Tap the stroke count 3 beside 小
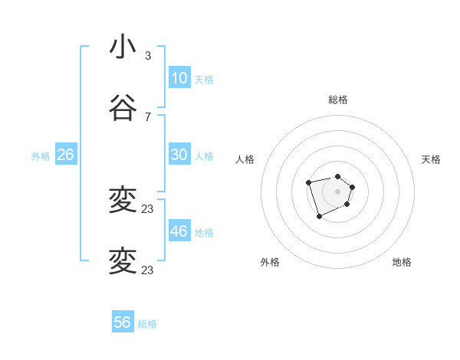[x=147, y=56]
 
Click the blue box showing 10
[x=179, y=78]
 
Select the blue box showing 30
[x=179, y=155]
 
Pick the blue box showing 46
[x=179, y=231]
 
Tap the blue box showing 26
[x=65, y=155]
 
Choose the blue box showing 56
[x=122, y=322]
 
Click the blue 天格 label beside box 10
[x=204, y=80]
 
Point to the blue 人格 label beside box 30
[x=204, y=156]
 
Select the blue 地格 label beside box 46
[x=204, y=233]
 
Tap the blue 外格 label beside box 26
[x=41, y=156]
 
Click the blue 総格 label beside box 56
[x=147, y=324]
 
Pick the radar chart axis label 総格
[x=338, y=100]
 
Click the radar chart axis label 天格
[x=432, y=159]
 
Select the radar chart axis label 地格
[x=402, y=262]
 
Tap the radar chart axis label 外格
[x=270, y=262]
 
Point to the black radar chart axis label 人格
[x=245, y=159]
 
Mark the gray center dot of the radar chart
[x=338, y=191]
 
